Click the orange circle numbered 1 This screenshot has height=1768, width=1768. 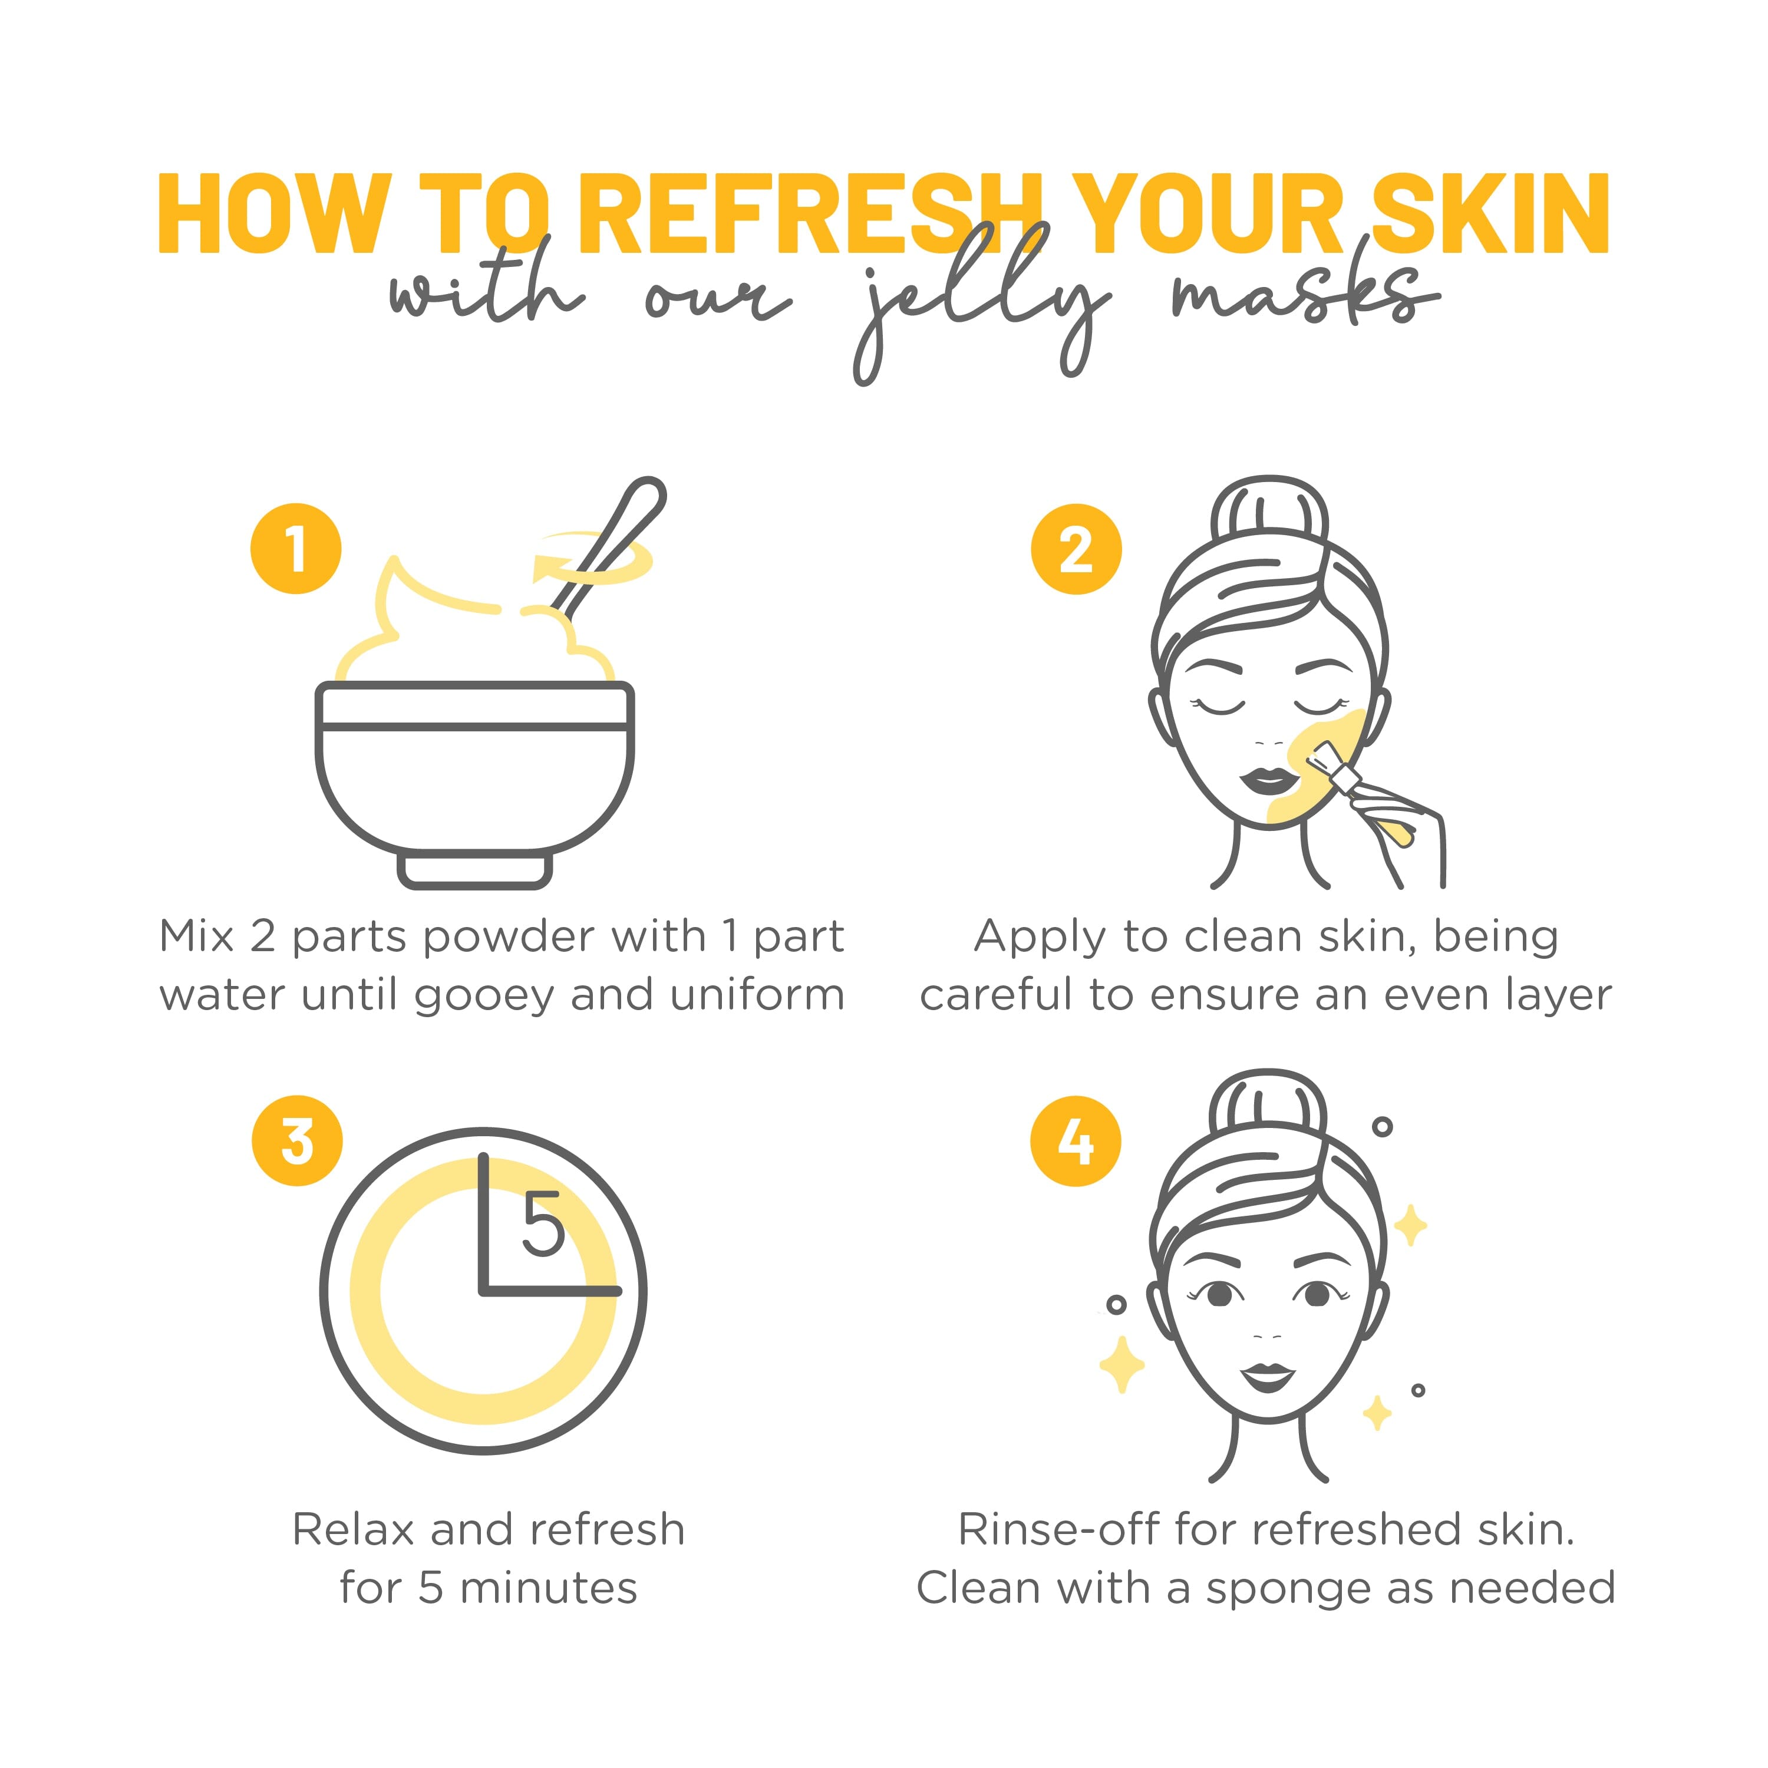pyautogui.click(x=296, y=549)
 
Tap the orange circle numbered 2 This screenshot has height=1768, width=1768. pyautogui.click(x=1076, y=549)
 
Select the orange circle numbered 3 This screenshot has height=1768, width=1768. pyautogui.click(x=298, y=1141)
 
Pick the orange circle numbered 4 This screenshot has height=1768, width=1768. pyautogui.click(x=1076, y=1141)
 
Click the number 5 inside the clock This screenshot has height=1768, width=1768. pyautogui.click(x=543, y=1225)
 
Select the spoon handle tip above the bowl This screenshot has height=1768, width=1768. pyautogui.click(x=647, y=494)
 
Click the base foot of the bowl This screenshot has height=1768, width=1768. pyautogui.click(x=474, y=869)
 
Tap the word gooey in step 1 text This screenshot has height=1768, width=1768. pyautogui.click(x=484, y=995)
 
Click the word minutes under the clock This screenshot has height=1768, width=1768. pyautogui.click(x=548, y=1588)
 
